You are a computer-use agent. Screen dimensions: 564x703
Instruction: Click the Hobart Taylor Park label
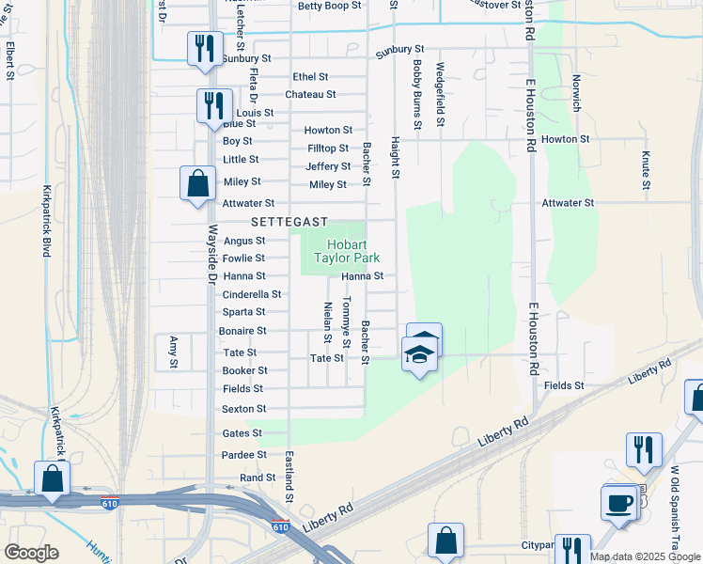coord(346,249)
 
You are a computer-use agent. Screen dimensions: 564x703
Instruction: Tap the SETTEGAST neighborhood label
coord(289,222)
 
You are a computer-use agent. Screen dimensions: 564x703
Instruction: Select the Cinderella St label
coord(251,294)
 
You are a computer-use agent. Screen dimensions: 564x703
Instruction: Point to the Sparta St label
coord(243,312)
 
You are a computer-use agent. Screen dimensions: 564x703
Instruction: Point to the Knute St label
coord(646,169)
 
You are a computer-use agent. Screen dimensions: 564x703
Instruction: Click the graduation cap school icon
coord(419,353)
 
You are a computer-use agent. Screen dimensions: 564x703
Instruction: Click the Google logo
coord(32,554)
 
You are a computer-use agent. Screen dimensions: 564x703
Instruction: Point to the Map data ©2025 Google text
coord(646,556)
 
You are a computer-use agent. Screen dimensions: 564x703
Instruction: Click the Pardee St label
coord(243,455)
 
